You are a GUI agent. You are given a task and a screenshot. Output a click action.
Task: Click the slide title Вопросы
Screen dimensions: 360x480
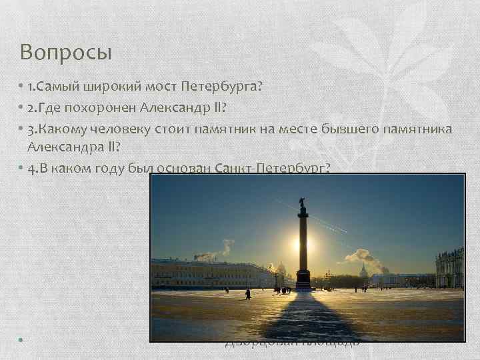65,52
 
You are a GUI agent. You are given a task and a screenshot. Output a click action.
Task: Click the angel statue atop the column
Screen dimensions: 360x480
303,201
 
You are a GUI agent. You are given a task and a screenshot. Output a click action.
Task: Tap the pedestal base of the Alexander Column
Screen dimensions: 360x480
303,281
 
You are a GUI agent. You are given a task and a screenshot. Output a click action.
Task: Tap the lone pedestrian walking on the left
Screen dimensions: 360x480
247,293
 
